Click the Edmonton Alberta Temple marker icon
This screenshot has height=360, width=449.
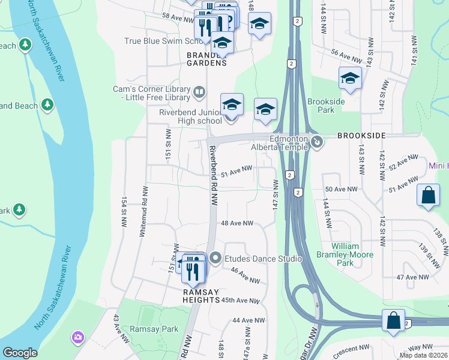(318, 142)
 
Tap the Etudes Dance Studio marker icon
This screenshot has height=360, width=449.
(216, 259)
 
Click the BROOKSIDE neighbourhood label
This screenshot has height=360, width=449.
(360, 136)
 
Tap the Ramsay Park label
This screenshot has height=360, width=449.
(162, 329)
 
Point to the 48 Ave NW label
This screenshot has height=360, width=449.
(237, 223)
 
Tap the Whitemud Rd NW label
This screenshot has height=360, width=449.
(143, 210)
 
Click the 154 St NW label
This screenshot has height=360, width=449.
(124, 211)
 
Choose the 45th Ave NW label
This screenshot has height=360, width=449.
(240, 300)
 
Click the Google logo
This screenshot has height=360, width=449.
(20, 353)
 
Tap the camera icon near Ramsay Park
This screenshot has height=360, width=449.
(77, 337)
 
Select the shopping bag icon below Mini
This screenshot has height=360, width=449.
(428, 195)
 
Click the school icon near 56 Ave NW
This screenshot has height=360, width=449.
(350, 78)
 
